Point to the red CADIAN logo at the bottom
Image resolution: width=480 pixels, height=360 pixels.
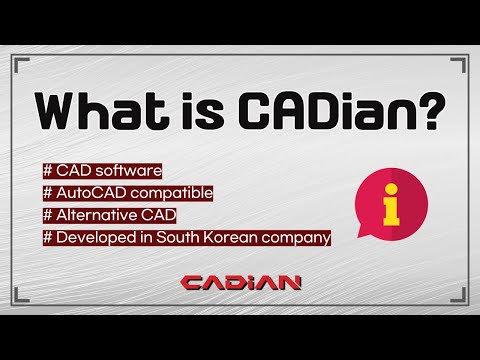[x=240, y=283]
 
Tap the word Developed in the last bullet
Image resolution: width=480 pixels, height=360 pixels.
[x=96, y=237]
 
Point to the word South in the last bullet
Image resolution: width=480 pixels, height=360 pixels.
[x=182, y=237]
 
